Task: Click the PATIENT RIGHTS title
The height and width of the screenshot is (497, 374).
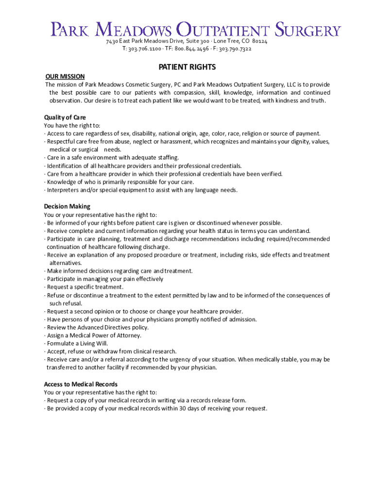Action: tap(187, 67)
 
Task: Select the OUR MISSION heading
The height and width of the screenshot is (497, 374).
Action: tap(65, 77)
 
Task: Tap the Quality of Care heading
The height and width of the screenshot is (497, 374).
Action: tap(65, 117)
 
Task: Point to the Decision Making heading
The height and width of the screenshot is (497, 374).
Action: tap(67, 207)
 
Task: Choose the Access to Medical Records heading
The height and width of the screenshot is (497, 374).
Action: tap(81, 384)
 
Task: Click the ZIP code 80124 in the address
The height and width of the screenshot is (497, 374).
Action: tap(259, 42)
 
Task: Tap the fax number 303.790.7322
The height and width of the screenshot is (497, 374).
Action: tap(235, 49)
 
